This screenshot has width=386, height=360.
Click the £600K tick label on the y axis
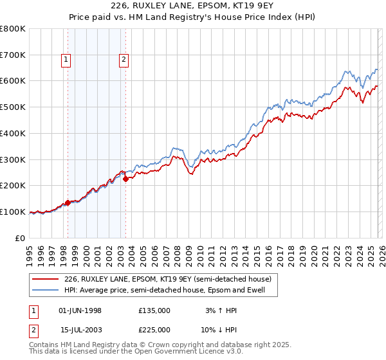click(x=13, y=81)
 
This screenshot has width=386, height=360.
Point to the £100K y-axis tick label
click(x=13, y=212)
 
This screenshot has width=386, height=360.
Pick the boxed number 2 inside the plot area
click(x=123, y=60)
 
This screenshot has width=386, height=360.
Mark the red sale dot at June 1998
click(x=68, y=203)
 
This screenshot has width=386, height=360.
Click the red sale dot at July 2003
click(x=125, y=179)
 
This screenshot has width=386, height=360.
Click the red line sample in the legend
click(x=45, y=279)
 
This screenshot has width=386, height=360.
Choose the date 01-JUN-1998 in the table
click(x=80, y=310)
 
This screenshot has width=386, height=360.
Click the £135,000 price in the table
click(x=154, y=310)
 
